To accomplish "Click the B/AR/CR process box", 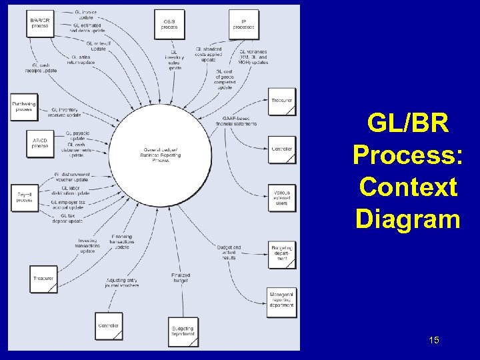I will [x=40, y=24].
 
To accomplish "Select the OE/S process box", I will [x=169, y=24].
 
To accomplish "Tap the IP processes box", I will [x=243, y=24].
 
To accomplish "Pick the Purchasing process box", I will [x=25, y=107].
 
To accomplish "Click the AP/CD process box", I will [x=40, y=143].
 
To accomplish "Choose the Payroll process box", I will [x=25, y=197].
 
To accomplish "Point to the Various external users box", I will [x=281, y=197].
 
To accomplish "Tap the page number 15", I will [x=434, y=341].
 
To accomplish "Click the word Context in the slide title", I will [x=408, y=187].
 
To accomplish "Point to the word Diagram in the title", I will [x=408, y=219].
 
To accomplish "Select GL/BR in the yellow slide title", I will [x=408, y=124].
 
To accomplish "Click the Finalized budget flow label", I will [x=181, y=277].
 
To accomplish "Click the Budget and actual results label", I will [x=229, y=252].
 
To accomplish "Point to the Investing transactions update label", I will [x=87, y=245].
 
